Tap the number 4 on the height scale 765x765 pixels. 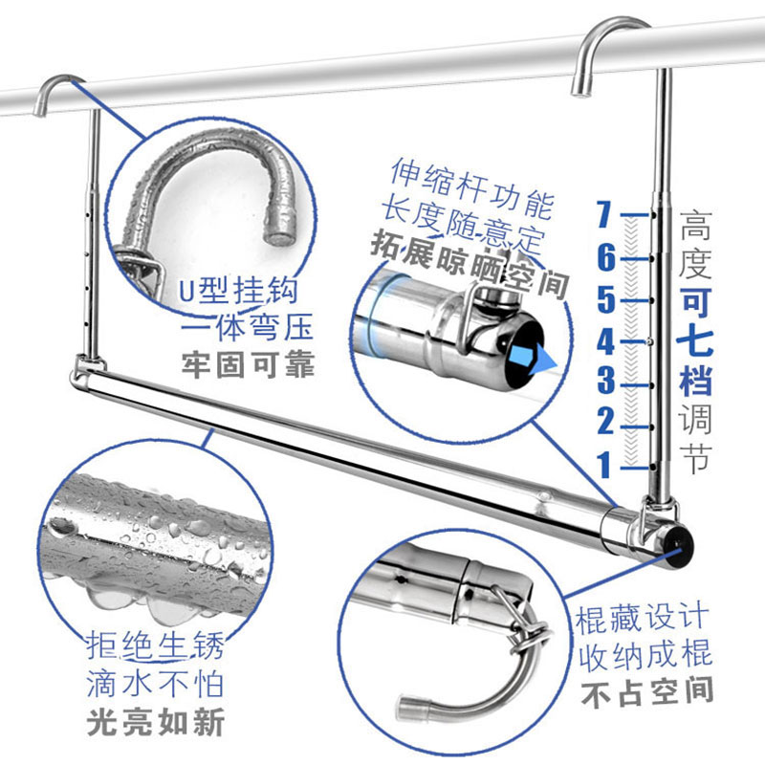[x=605, y=341]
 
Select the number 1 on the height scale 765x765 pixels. [x=604, y=466]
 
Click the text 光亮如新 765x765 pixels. [x=155, y=722]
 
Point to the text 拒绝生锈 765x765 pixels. [x=155, y=647]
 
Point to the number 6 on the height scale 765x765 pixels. [x=604, y=257]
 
